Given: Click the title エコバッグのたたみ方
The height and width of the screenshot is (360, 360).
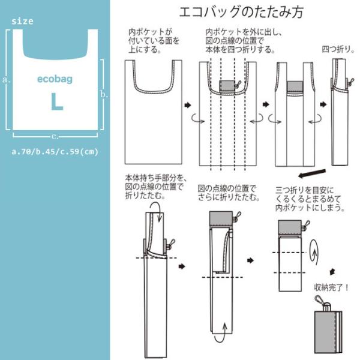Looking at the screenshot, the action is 241,12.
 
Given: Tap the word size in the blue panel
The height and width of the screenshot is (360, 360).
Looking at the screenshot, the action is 22,21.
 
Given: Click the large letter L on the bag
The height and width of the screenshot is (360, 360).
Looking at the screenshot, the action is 57,102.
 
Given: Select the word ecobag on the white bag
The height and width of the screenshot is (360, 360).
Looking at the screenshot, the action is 55,79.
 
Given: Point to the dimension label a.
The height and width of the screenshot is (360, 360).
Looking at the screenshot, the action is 6,80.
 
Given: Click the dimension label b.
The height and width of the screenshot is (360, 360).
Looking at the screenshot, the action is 104,94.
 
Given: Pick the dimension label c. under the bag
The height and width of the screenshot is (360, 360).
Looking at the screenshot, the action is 55,137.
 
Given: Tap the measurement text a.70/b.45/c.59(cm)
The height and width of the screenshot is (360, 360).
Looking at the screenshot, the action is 55,152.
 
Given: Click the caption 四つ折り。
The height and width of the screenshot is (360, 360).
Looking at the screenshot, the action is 338,49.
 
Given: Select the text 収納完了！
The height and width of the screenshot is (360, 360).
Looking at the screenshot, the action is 331,287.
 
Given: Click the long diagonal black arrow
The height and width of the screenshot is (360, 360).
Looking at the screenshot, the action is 312,173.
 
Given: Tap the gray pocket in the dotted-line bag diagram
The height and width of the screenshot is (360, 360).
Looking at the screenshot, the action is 227,86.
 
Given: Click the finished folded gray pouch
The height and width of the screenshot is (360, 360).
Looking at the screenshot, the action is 328,332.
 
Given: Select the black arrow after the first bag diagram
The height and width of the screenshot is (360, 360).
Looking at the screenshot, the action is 188,106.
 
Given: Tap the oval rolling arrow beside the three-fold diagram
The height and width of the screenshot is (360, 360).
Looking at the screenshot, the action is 314,253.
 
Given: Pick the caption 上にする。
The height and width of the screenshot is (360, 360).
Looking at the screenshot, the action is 145,50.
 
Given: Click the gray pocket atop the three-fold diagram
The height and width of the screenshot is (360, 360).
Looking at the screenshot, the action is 290,227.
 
